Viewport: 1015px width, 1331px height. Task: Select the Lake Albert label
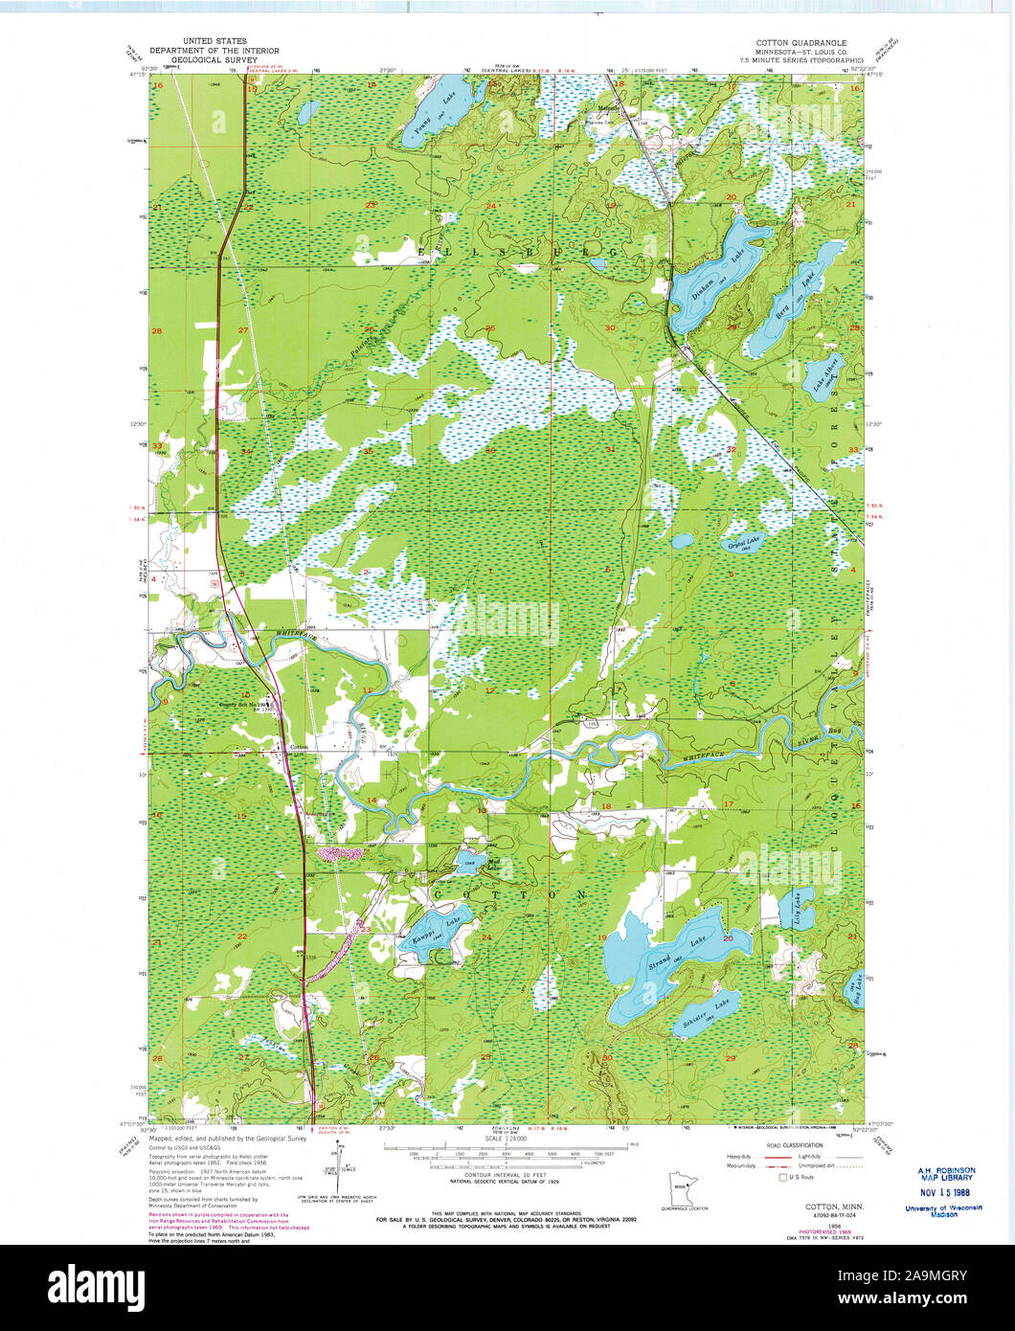coord(820,382)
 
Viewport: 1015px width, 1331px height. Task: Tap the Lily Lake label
coord(797,905)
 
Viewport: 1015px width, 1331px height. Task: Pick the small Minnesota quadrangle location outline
coord(684,1192)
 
